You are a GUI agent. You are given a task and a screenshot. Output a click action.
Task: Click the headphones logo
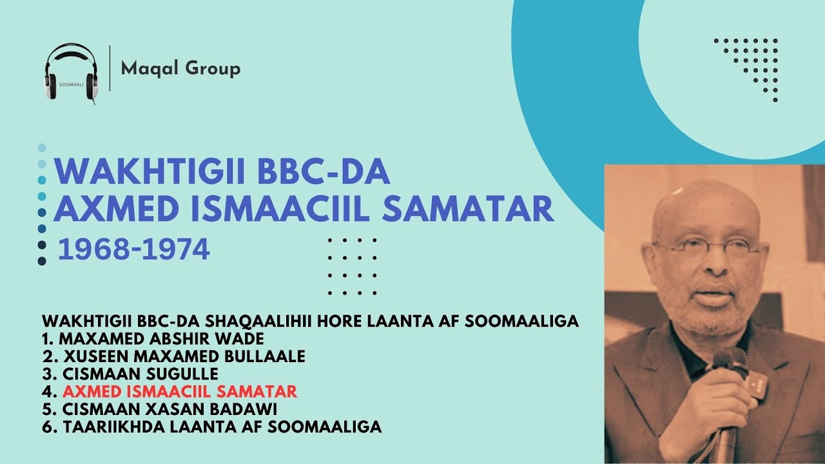[x=72, y=72]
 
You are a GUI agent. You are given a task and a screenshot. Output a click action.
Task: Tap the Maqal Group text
[x=180, y=68]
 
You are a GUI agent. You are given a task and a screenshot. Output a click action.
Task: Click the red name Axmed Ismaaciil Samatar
[x=180, y=391]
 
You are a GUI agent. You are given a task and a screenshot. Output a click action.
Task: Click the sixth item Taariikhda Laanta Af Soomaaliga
[x=212, y=426]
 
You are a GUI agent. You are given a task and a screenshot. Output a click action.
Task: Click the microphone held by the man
[x=729, y=380]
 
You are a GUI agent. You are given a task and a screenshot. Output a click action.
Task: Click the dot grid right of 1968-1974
[x=352, y=266]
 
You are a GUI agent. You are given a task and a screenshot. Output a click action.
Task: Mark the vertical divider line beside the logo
[x=110, y=68]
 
